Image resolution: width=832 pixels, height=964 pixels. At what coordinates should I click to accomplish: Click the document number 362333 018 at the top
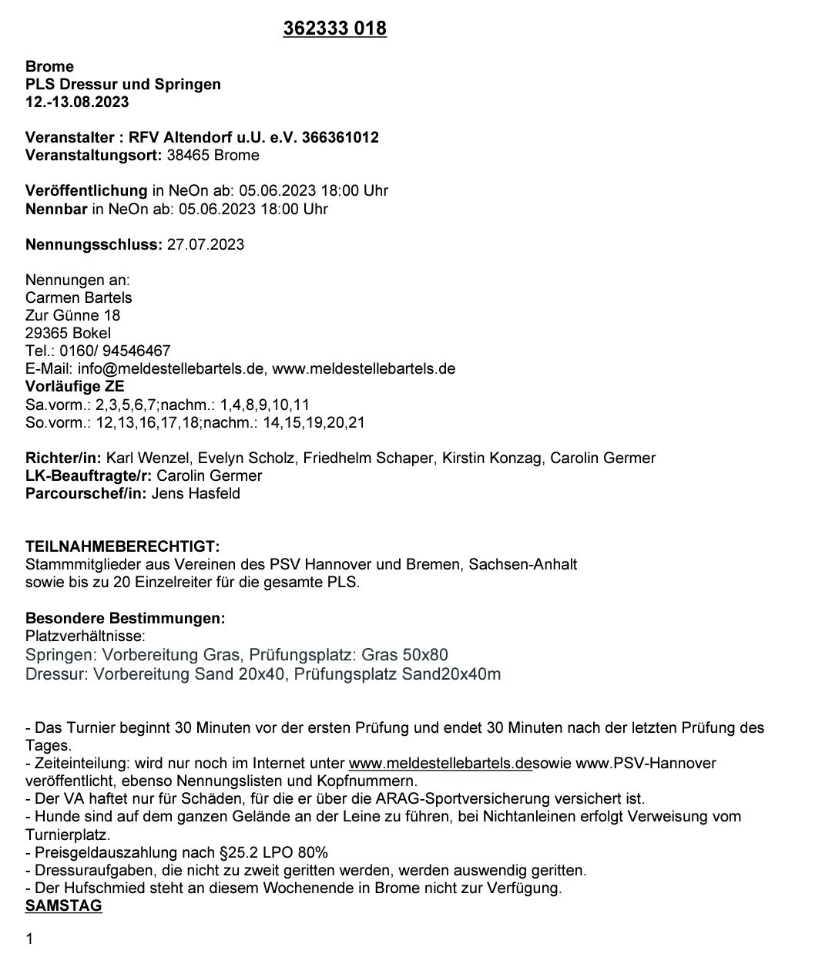[x=334, y=29]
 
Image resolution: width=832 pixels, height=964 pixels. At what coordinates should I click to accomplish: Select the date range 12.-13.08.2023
[x=77, y=102]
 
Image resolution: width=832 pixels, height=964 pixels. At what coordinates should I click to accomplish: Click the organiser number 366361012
[x=341, y=138]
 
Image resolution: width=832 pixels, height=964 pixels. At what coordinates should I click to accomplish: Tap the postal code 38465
[x=188, y=156]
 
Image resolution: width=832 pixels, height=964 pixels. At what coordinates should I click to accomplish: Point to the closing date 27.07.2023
[x=206, y=245]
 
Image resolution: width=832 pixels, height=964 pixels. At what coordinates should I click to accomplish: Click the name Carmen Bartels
[x=79, y=298]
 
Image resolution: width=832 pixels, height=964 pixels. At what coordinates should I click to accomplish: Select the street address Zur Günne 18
[x=72, y=316]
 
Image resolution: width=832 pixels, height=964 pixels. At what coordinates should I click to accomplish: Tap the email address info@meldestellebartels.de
[x=170, y=369]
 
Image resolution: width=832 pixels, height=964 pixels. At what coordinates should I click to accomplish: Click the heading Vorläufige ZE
[x=75, y=387]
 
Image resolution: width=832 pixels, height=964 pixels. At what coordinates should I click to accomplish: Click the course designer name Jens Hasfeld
[x=196, y=494]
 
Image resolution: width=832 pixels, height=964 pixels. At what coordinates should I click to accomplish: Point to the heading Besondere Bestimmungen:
[x=126, y=619]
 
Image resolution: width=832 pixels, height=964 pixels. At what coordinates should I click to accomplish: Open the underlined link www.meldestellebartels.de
[x=440, y=764]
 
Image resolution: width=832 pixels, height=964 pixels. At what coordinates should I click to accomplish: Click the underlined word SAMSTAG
[x=64, y=906]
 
